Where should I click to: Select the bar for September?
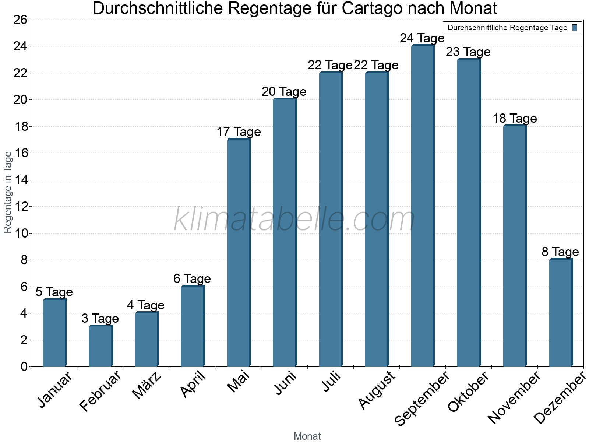423,206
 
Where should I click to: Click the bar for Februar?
100,346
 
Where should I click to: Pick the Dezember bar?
561,313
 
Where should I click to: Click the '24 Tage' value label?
422,38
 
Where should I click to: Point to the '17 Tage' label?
239,132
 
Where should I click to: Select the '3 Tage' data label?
100,319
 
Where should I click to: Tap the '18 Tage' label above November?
515,119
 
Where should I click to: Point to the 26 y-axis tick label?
20,20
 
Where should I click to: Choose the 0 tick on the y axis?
24,366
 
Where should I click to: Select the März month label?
147,386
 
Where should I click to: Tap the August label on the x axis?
377,390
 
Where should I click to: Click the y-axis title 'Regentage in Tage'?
8,192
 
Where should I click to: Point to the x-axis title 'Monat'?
307,436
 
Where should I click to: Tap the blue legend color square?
575,28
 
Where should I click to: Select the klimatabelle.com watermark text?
294,219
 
